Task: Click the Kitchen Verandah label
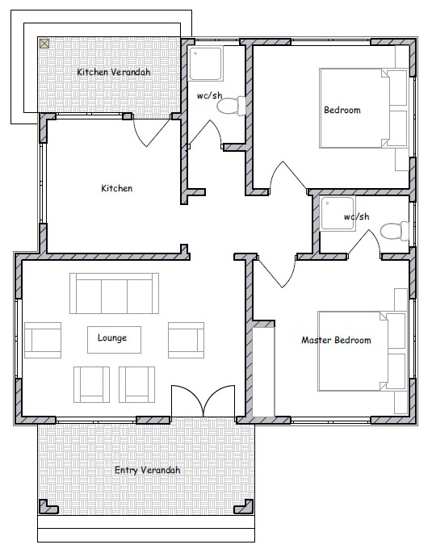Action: tap(114, 72)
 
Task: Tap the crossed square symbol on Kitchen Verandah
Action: tap(44, 44)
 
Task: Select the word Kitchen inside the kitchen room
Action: tap(117, 188)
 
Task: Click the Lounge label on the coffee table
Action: tap(112, 338)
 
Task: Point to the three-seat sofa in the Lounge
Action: tap(115, 293)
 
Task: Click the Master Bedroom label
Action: tap(336, 341)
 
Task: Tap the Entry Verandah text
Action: tap(148, 470)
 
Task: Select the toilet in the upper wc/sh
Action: tap(232, 106)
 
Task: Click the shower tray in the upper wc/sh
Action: tap(206, 64)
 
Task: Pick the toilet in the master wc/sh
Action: tap(395, 232)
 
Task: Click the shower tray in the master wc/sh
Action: tap(338, 213)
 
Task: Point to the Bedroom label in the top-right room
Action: tap(342, 110)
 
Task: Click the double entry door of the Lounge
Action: tap(203, 401)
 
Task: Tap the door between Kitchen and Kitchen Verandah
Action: tap(151, 132)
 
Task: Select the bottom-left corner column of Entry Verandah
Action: tap(48, 506)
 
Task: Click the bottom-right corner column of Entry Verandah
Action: tap(244, 506)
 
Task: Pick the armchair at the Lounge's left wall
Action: tap(43, 340)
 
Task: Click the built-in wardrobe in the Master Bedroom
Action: tap(263, 372)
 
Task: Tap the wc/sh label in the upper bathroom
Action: tap(209, 95)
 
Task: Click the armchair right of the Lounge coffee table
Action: tap(187, 340)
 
